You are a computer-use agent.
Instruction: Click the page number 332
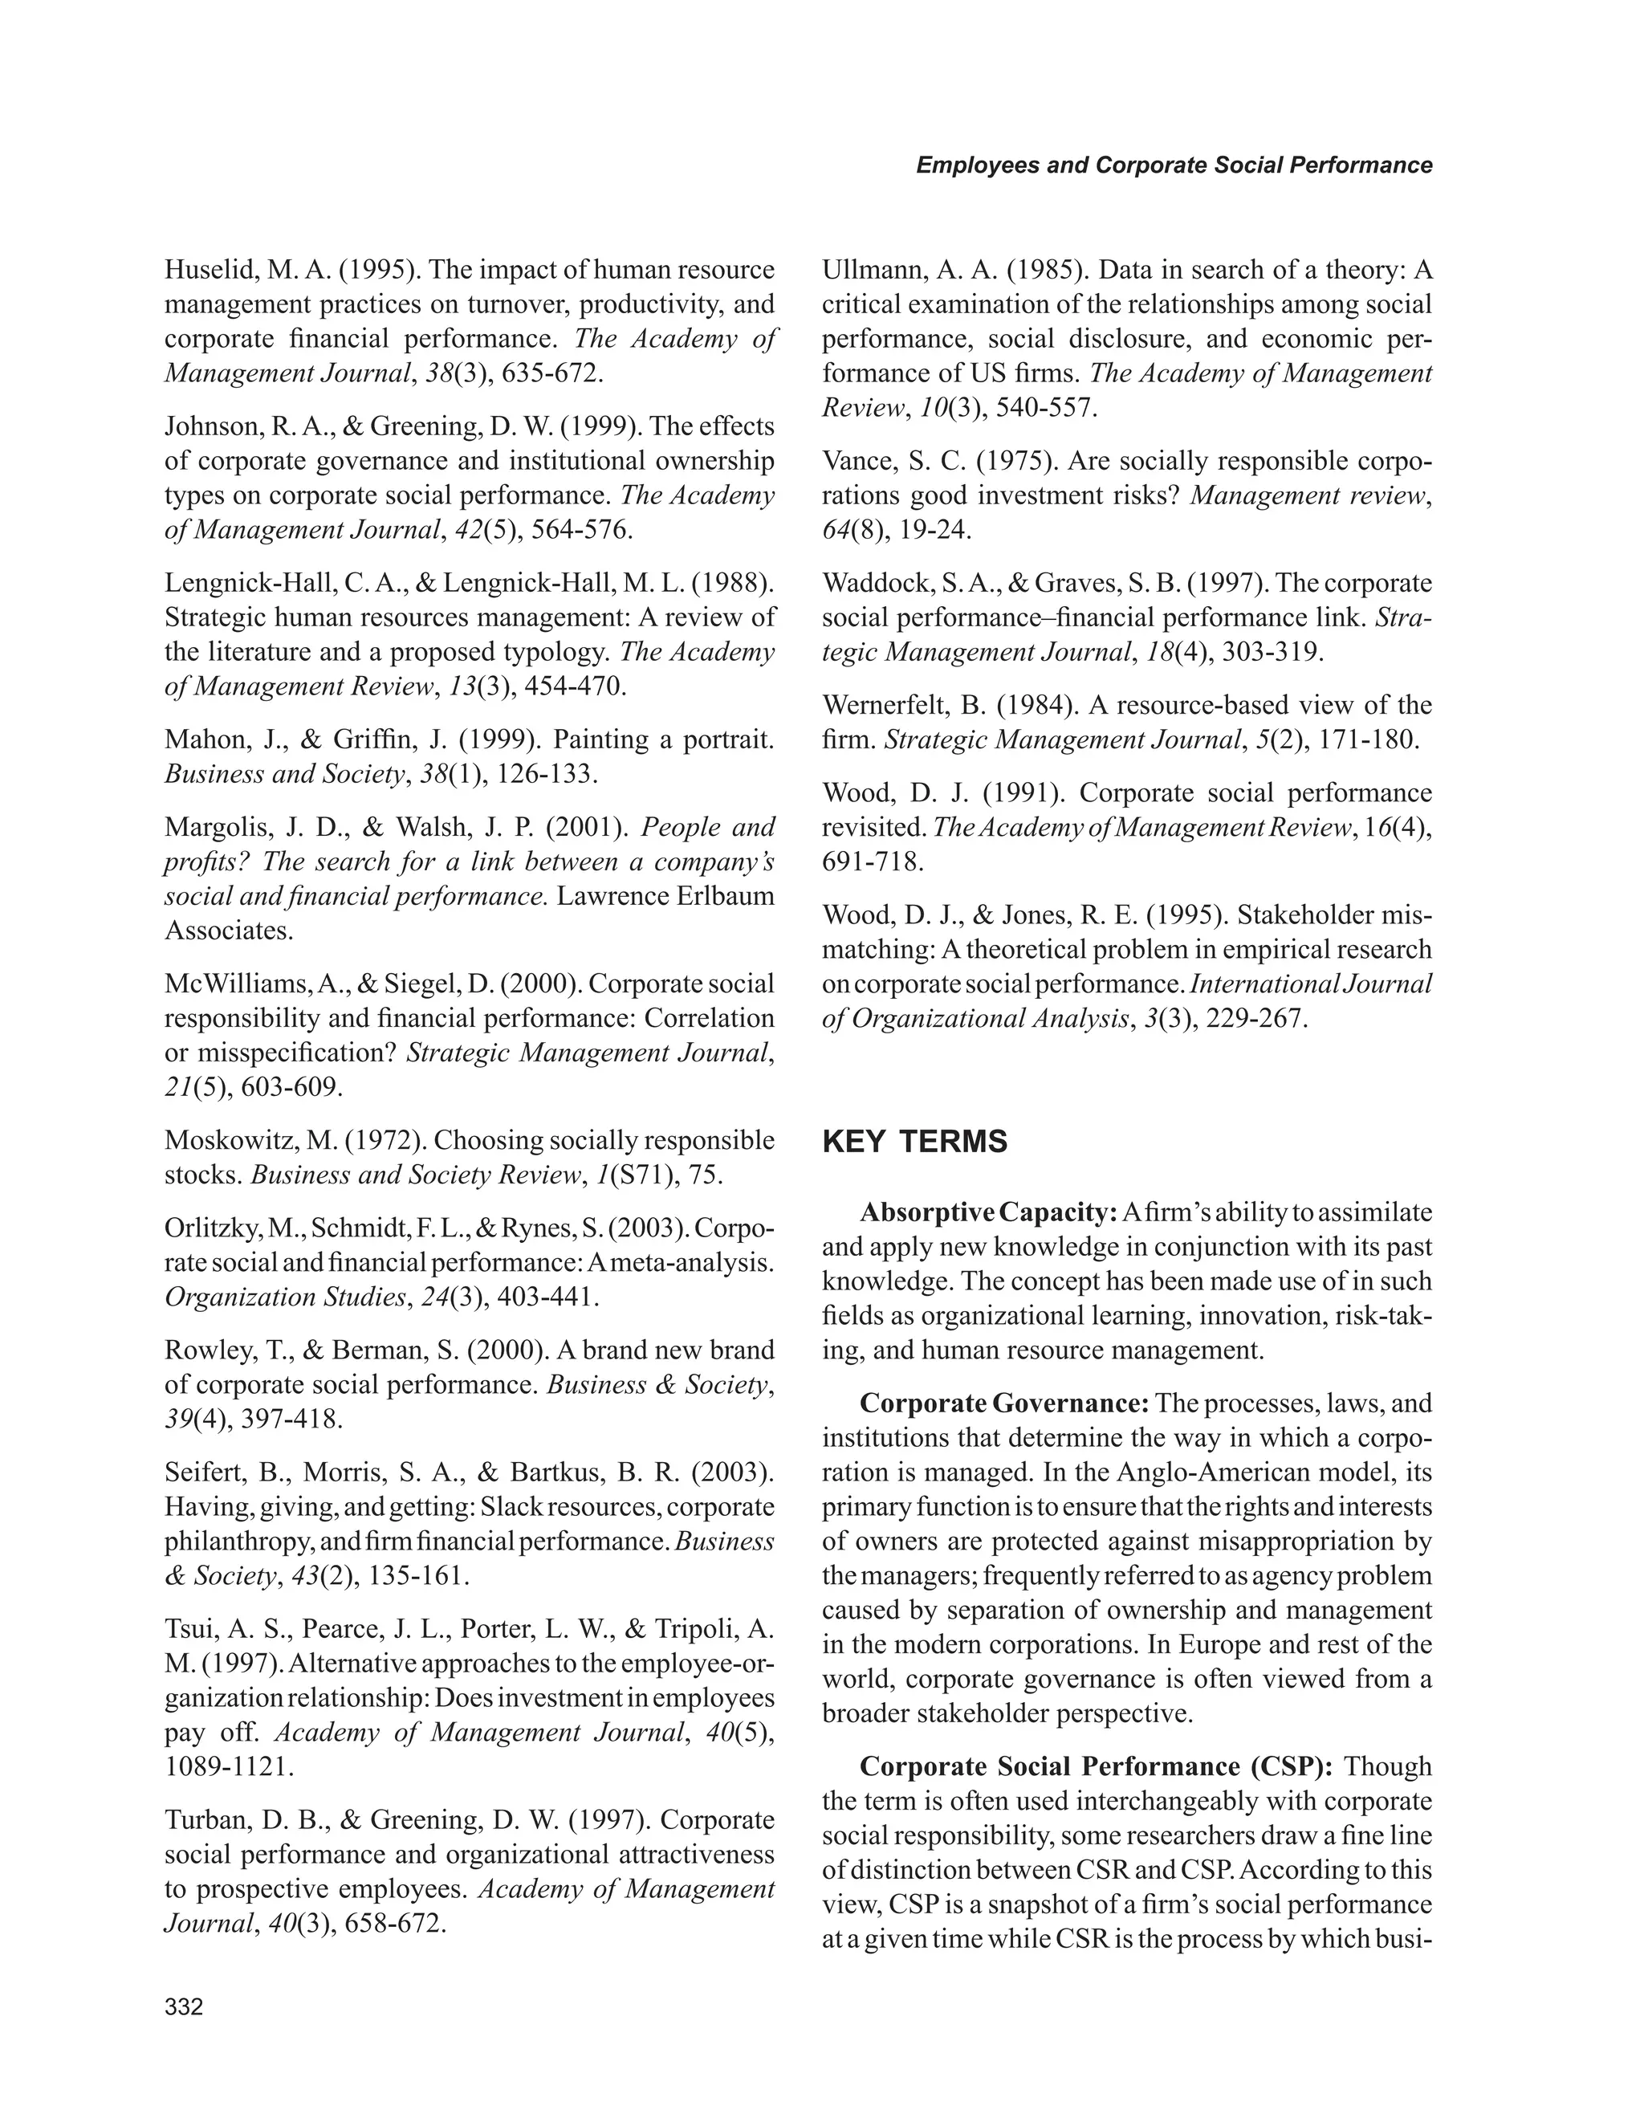[x=184, y=2007]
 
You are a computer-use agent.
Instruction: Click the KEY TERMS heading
[x=914, y=1143]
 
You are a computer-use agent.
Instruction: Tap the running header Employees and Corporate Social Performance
[x=1173, y=165]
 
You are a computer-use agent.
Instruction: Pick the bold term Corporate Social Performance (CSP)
[x=1097, y=1766]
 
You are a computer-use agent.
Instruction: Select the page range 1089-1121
[x=228, y=1766]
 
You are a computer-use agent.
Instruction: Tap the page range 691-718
[x=872, y=861]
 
